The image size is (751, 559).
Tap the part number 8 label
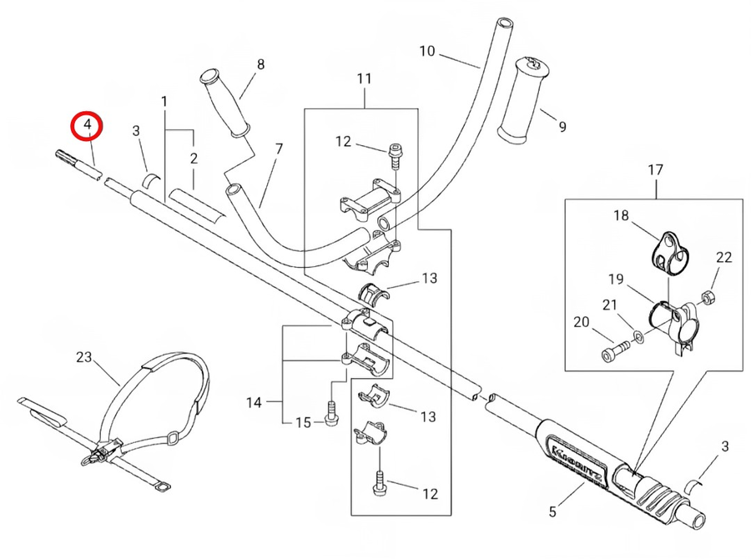pos(260,64)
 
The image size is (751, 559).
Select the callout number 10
pos(426,52)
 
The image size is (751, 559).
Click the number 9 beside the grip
pos(562,127)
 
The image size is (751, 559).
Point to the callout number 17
pos(655,170)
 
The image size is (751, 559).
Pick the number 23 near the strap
pos(83,357)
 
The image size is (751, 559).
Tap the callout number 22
pos(723,258)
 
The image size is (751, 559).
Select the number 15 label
pos(303,423)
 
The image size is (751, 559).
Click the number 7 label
pos(279,149)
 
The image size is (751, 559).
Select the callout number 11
pos(364,79)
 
